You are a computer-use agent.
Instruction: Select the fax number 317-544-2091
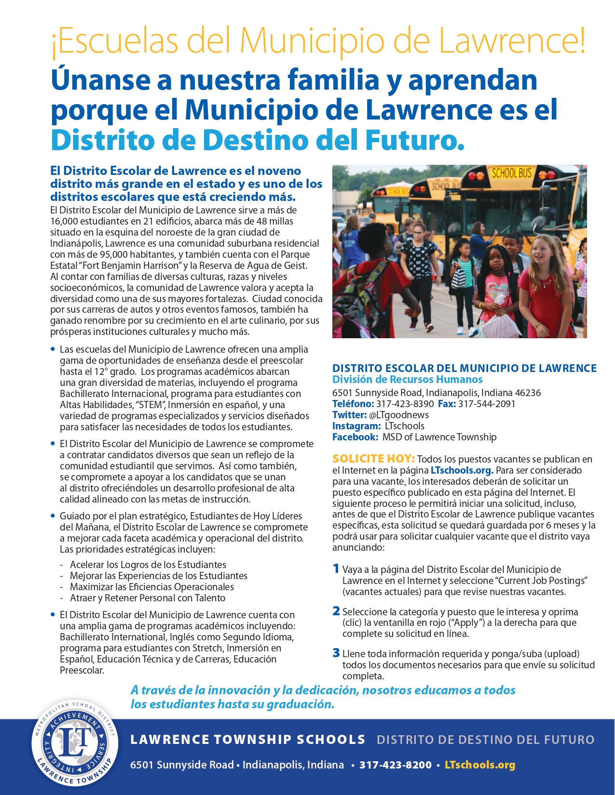486,404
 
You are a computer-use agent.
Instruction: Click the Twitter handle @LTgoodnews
398,415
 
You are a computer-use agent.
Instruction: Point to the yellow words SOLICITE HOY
373,459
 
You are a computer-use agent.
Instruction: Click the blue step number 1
336,569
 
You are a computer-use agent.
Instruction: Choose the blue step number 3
336,653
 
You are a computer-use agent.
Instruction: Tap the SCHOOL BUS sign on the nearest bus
511,173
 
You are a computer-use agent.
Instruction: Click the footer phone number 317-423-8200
396,765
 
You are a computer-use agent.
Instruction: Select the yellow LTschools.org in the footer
479,765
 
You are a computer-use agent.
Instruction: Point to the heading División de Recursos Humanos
407,379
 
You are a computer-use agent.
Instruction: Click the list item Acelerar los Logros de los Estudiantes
148,565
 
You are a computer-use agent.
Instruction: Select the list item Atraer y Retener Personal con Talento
147,598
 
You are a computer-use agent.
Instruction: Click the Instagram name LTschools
405,426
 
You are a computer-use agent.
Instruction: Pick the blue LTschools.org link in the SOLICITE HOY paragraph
462,470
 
